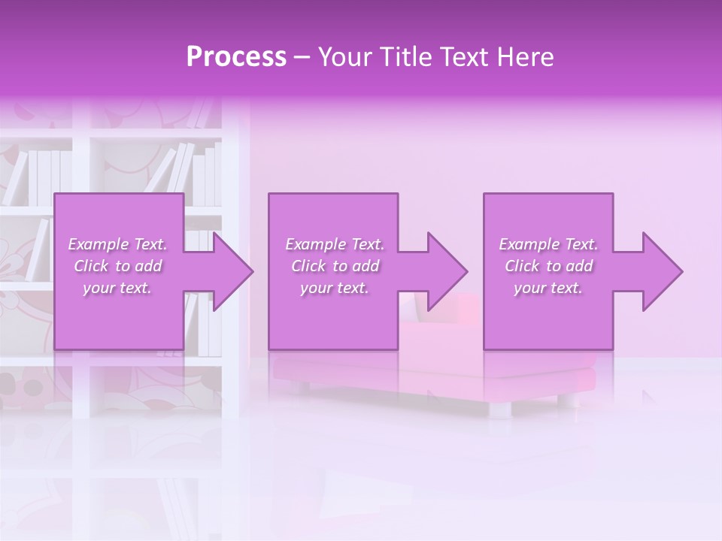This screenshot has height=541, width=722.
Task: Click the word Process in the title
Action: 236,57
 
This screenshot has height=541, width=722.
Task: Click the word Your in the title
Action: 345,57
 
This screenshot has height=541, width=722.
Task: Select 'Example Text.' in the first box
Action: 117,244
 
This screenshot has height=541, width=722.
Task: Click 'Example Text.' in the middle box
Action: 335,244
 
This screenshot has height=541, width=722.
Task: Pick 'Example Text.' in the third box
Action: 548,244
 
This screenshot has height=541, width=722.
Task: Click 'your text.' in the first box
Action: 117,288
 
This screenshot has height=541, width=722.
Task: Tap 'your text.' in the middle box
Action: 335,288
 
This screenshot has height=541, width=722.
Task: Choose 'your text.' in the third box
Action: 548,288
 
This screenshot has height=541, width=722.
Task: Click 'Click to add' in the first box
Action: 117,266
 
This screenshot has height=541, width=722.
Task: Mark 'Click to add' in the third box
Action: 548,266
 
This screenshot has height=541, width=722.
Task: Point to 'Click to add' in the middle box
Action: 335,266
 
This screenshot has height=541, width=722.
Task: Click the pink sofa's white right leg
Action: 499,409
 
